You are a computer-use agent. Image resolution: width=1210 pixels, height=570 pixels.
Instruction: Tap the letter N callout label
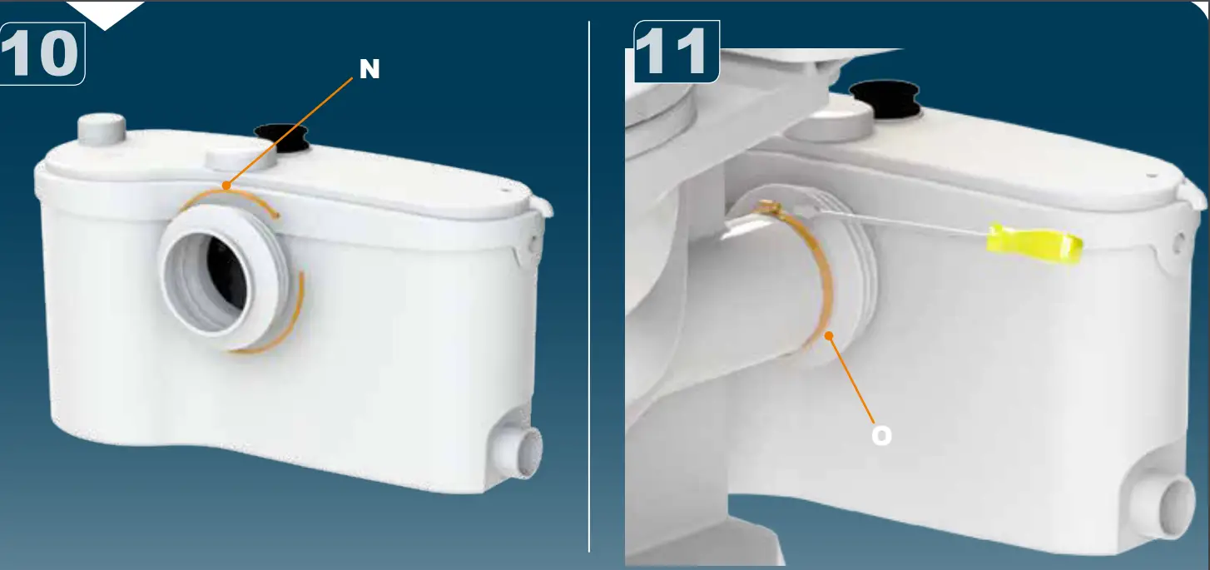[369, 70]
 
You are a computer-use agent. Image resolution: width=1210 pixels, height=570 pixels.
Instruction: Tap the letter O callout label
[881, 435]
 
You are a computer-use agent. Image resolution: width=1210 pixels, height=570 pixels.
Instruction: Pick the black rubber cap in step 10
[281, 136]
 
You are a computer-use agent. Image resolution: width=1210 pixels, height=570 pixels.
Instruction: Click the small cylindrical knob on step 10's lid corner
[101, 130]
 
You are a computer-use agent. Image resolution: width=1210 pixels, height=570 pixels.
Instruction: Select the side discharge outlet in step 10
[523, 452]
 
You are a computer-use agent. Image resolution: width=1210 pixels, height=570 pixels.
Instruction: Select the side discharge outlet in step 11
[1169, 503]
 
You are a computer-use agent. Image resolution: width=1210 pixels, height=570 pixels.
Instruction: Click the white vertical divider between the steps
[589, 283]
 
